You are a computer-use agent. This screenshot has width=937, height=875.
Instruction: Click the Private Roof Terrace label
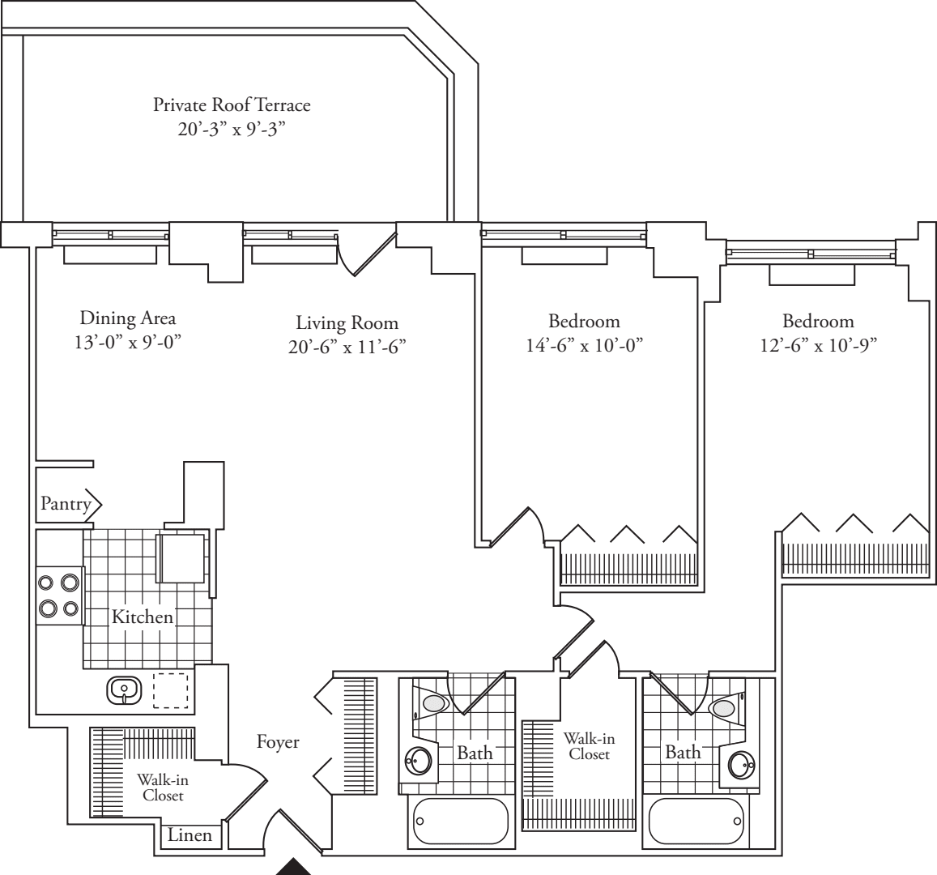pyautogui.click(x=232, y=105)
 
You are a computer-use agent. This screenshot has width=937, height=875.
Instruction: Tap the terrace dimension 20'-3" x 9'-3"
pyautogui.click(x=232, y=130)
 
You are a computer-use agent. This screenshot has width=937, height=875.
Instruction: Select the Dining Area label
pyautogui.click(x=127, y=318)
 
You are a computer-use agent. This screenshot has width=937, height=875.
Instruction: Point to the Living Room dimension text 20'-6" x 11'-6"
pyautogui.click(x=347, y=347)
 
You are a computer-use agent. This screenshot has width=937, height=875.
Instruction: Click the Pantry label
pyautogui.click(x=66, y=505)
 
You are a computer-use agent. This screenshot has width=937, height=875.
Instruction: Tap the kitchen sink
pyautogui.click(x=124, y=690)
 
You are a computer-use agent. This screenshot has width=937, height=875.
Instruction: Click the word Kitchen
pyautogui.click(x=143, y=617)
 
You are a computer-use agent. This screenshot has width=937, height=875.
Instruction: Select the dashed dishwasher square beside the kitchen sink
pyautogui.click(x=170, y=691)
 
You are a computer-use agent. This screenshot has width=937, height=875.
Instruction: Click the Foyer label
pyautogui.click(x=278, y=741)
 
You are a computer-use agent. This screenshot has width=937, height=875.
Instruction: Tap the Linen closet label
pyautogui.click(x=190, y=835)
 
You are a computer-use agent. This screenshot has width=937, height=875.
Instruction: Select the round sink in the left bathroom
pyautogui.click(x=419, y=761)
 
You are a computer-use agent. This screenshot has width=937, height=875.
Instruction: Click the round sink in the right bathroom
pyautogui.click(x=740, y=764)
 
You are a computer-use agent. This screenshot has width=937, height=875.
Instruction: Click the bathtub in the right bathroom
pyautogui.click(x=696, y=822)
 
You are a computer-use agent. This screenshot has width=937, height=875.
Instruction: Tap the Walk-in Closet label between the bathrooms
pyautogui.click(x=588, y=745)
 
